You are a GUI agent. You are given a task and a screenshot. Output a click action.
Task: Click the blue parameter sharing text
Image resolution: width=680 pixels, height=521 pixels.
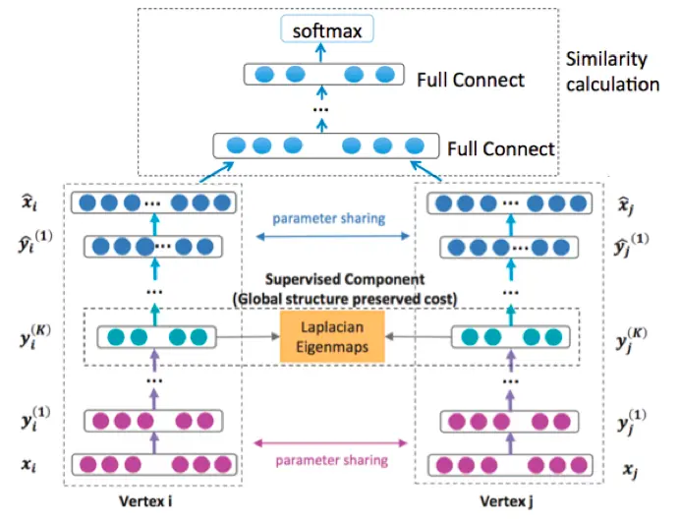pos(329,218)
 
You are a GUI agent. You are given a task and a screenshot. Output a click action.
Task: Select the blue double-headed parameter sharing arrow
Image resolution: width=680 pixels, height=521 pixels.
pos(329,237)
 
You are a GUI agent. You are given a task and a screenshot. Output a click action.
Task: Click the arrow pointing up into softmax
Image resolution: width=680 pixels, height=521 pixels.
pos(321,55)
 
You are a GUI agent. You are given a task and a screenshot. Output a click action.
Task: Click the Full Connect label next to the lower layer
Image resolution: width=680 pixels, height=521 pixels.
pos(500,149)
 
